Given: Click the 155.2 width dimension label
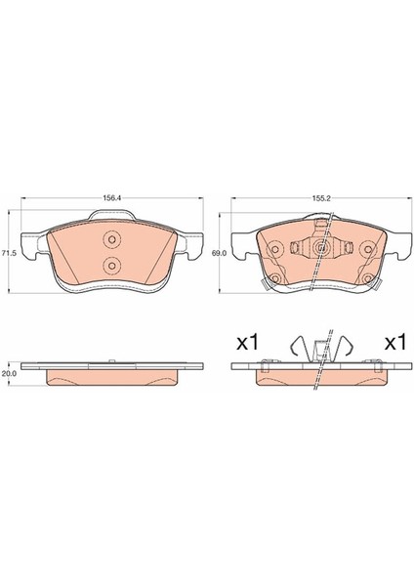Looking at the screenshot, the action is pos(321,198).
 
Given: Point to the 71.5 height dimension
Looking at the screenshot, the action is pos(8,253).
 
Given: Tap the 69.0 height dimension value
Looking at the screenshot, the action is pos(219,253).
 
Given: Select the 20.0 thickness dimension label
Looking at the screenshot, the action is pos(8,373).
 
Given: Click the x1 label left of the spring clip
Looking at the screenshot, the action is pos(247,343).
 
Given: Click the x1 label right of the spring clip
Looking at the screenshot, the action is pos(395,343).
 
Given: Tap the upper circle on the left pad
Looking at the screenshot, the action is pos(111,240).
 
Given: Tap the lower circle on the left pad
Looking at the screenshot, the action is pos(111,265).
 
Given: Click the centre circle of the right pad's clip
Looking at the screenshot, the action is pos(321,247).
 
